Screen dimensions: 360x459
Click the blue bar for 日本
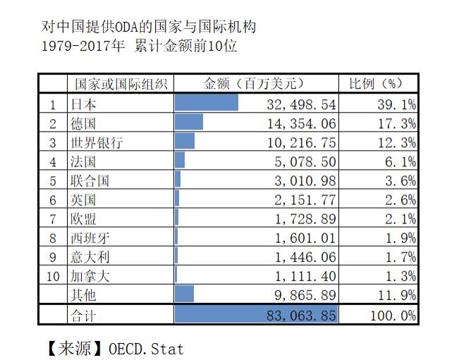[x=206, y=104]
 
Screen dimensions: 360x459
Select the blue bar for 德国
[x=188, y=123]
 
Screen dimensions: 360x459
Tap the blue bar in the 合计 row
[x=256, y=314]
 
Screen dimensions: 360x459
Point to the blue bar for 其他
[x=184, y=294]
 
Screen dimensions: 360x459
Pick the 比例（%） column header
[x=379, y=85]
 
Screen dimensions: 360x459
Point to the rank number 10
[x=53, y=275]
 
